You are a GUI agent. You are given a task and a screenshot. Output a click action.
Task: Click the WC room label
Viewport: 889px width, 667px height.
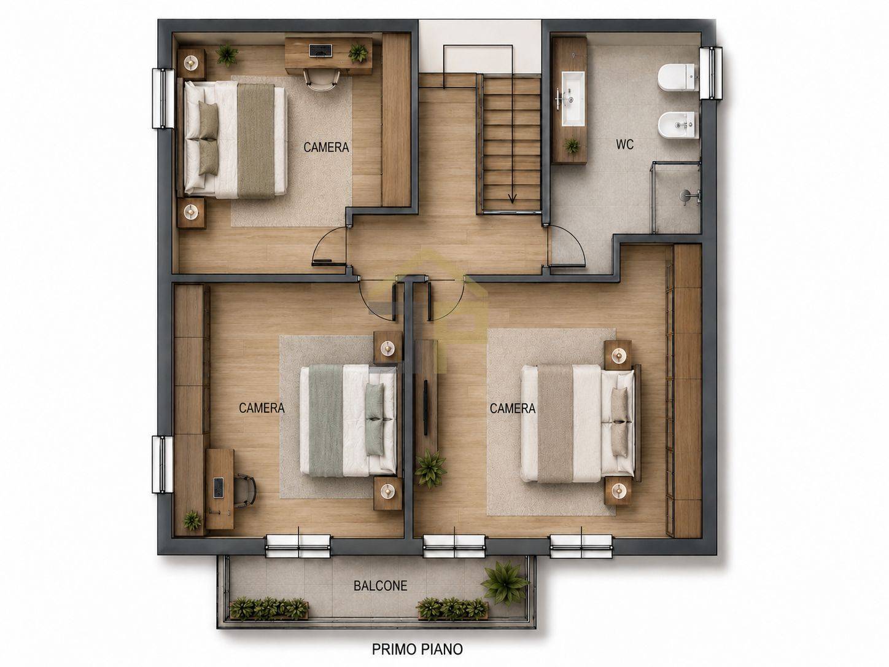[624, 144]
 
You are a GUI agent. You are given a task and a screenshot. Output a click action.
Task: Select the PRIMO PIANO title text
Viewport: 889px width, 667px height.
[417, 649]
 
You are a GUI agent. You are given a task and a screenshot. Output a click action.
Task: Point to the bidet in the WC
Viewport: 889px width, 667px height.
[678, 125]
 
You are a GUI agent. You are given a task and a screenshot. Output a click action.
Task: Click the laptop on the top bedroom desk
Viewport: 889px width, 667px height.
[320, 50]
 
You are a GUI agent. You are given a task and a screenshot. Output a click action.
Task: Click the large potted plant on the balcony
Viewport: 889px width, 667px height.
[505, 583]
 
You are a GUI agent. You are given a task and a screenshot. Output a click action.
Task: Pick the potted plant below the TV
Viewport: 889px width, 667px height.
[430, 469]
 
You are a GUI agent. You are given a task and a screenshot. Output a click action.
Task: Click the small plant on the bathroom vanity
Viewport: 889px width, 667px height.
[572, 144]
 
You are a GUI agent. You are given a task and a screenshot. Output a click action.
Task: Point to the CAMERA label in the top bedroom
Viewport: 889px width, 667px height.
[326, 147]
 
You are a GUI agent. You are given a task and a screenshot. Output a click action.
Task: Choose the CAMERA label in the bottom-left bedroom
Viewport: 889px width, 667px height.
[262, 408]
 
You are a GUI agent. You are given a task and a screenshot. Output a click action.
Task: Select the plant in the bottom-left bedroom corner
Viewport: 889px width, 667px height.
[192, 520]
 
